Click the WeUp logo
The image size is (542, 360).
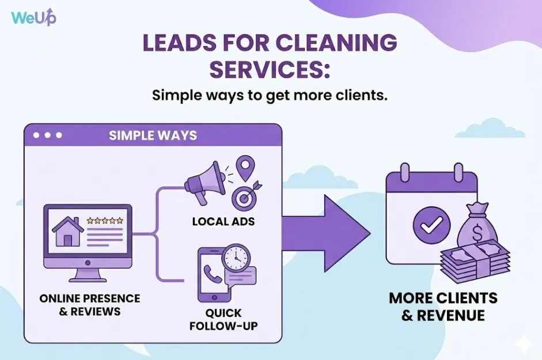tap(33, 17)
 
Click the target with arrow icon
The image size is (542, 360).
tap(245, 197)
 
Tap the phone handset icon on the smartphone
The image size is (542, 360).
tap(213, 276)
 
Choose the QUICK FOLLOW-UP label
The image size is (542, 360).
tap(225, 320)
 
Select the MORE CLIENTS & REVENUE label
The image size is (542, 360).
tap(443, 307)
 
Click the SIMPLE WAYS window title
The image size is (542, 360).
tap(153, 136)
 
